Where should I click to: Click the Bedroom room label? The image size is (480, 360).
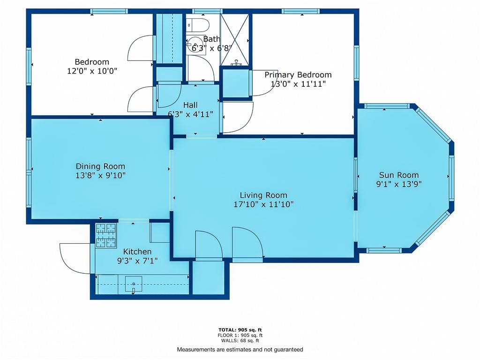pos(92,62)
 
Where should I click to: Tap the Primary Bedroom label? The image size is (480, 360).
pos(298,75)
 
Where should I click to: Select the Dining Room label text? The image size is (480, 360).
pos(100,166)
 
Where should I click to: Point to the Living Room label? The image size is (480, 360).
pos(263,195)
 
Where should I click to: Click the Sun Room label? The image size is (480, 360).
pos(399,175)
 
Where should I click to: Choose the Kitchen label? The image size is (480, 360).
pos(137,252)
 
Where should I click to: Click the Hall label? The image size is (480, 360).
pos(190,105)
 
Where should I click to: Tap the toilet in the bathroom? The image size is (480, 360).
pos(197,25)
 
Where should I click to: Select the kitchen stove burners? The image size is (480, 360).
pos(106,235)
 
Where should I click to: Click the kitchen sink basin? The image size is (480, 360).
pos(134,284)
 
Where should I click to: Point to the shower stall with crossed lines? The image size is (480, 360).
pos(235,40)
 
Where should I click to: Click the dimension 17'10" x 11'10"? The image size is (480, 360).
pos(263,204)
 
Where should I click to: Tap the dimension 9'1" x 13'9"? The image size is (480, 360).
pos(399,184)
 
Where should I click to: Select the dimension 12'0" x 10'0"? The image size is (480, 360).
pos(92,71)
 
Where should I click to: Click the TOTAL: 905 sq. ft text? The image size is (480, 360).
pos(240,330)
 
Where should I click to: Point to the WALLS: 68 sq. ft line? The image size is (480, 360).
pos(240,340)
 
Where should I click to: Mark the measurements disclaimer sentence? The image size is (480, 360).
pos(240,350)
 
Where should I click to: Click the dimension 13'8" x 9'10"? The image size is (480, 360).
pos(100,176)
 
